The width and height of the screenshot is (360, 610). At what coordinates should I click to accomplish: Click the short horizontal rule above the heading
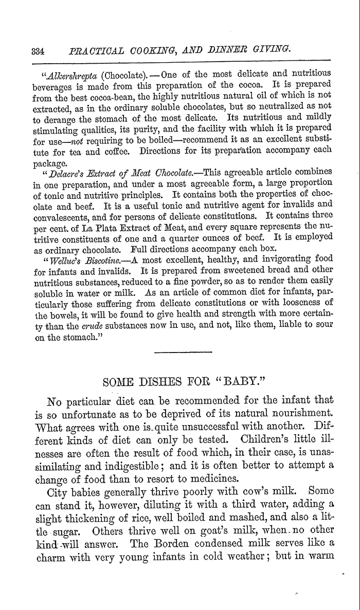(x=183, y=352)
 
